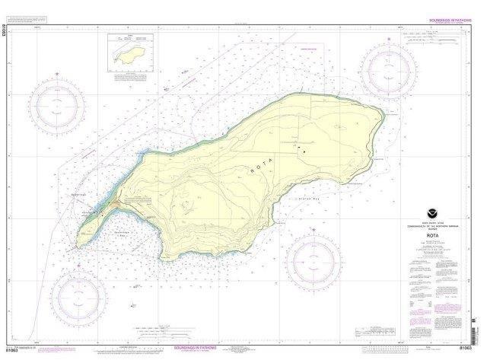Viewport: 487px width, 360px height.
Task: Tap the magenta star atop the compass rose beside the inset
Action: [59, 74]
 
